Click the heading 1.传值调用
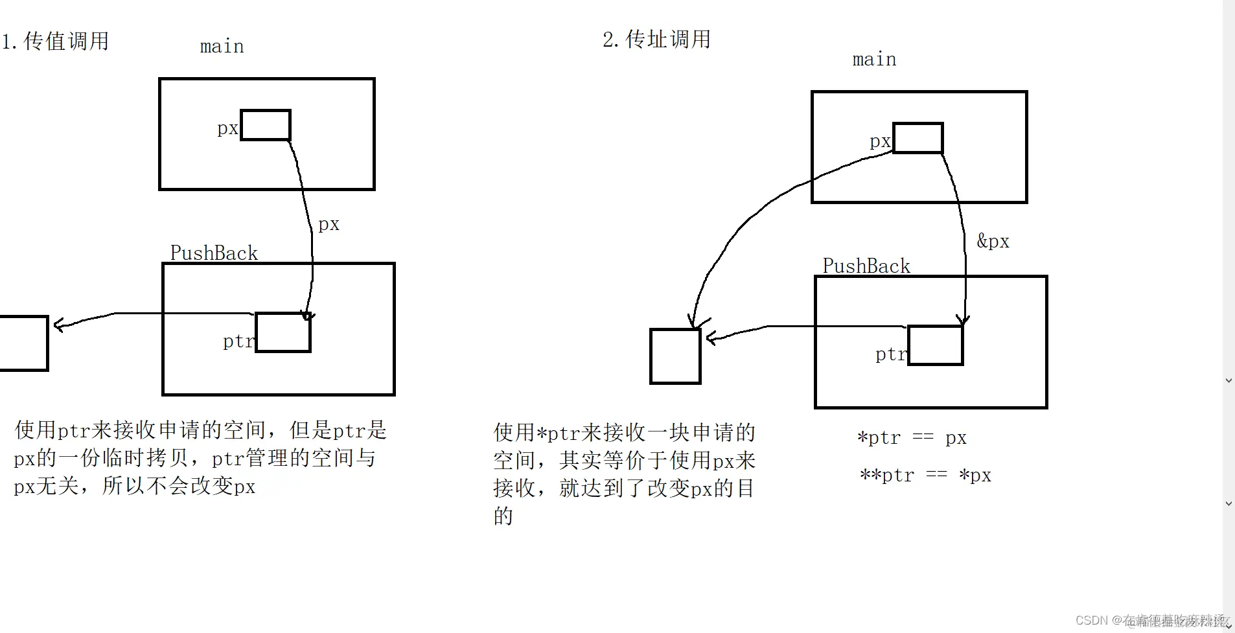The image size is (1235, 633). pos(55,41)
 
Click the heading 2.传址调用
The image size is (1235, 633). pos(656,40)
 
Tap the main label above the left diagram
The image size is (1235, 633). pos(222,47)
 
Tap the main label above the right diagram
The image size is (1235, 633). pos(874,60)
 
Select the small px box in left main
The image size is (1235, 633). pos(266,125)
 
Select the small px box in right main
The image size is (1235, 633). pos(918,138)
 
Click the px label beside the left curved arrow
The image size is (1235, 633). pos(329,224)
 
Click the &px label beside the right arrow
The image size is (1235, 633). pos(993,242)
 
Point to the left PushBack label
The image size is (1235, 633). pos(214,253)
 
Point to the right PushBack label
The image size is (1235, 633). pos(866,266)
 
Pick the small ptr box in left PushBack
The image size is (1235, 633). pos(283,333)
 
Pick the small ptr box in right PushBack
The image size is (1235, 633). pos(936,346)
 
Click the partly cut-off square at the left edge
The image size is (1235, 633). pos(23,343)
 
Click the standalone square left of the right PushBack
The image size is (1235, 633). pos(675,356)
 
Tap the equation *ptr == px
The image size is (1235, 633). pos(912,438)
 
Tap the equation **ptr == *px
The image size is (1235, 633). pos(925,476)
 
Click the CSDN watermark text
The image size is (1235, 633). pos(1150,620)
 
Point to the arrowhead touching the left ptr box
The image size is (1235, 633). pos(308,316)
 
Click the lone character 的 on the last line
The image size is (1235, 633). pos(503,516)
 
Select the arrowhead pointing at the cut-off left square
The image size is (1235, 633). pos(58,325)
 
